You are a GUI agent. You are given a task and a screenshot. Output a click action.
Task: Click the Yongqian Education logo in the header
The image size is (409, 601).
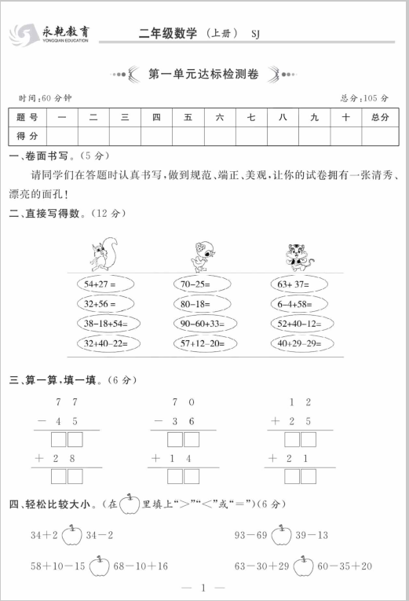(x=49, y=34)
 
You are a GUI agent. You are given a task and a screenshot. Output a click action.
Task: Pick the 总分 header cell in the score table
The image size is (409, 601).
(x=381, y=117)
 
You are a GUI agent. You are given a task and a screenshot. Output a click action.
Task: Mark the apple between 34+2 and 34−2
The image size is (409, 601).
(x=71, y=536)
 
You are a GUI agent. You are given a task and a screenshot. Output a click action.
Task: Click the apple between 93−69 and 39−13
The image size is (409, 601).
(x=279, y=536)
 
